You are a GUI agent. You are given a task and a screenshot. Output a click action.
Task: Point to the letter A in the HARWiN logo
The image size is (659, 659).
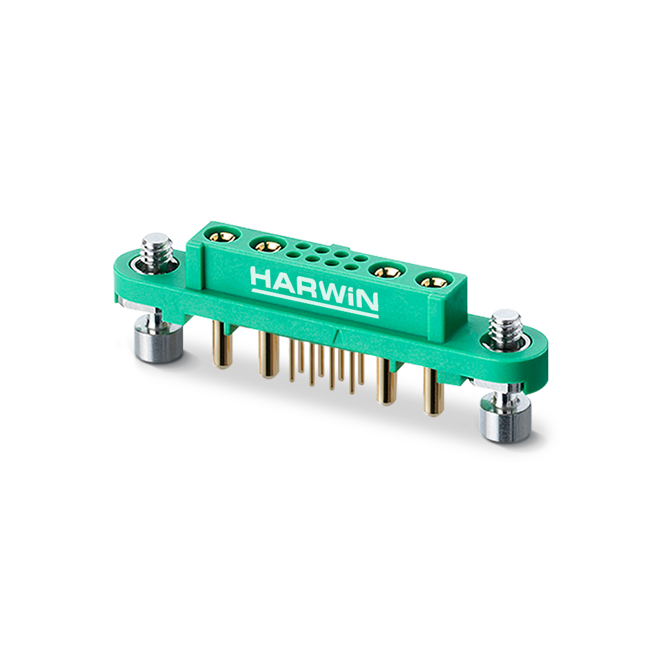[283, 283]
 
